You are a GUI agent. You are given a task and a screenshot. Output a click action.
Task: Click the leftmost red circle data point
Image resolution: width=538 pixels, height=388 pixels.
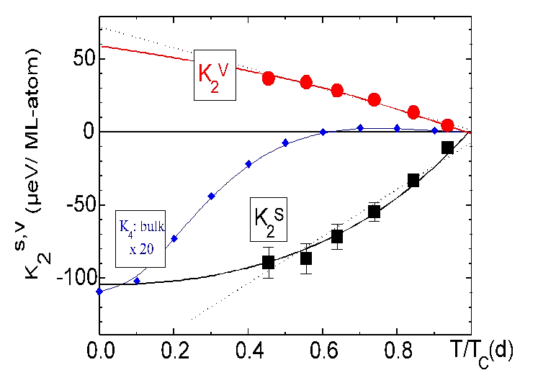(269, 78)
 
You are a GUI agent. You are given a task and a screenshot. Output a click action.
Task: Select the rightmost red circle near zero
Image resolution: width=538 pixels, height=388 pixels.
(447, 125)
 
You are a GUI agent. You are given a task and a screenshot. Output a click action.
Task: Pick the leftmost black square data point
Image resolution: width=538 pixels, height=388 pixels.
(269, 262)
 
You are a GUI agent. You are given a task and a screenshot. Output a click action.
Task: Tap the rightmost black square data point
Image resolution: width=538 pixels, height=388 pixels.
(447, 147)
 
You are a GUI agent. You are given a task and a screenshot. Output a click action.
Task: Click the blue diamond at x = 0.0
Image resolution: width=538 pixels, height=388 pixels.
(100, 291)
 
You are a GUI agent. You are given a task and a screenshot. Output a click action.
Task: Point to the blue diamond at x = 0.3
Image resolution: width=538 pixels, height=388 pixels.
(212, 196)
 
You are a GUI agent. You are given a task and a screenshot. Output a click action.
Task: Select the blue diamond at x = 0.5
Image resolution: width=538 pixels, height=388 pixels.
(286, 143)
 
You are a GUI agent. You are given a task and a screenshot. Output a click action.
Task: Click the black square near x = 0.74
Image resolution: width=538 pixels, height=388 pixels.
(374, 212)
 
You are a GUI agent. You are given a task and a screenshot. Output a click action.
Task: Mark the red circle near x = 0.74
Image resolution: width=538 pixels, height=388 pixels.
(375, 100)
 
